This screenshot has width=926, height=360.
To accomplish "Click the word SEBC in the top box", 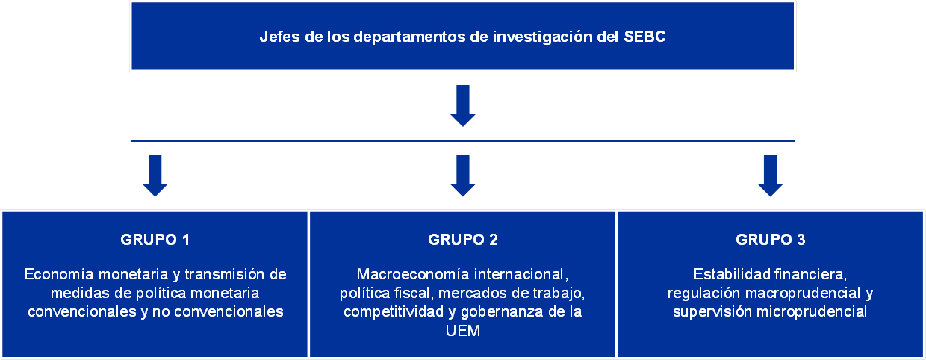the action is click(x=644, y=37).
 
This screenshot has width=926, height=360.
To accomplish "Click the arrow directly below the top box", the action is click(x=462, y=106).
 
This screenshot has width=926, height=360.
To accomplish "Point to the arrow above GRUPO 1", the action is click(x=155, y=176).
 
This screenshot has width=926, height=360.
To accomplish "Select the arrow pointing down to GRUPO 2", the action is click(x=462, y=176).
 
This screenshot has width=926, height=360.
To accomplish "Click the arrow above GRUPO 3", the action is click(x=770, y=176).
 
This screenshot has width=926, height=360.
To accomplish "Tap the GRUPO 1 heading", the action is click(x=155, y=240).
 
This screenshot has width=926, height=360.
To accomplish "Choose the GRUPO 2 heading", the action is click(x=462, y=240).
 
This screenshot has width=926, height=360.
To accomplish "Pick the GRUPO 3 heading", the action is click(x=771, y=240).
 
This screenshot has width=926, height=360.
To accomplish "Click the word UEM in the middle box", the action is click(x=462, y=331).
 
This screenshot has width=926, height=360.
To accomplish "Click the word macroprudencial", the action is click(x=802, y=294).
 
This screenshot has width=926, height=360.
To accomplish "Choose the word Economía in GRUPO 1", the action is click(x=59, y=274).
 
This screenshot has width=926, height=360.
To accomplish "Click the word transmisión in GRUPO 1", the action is click(x=226, y=274).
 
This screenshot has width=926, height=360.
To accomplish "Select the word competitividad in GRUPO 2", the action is click(x=394, y=312).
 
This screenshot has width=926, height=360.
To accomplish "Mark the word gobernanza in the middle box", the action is click(x=502, y=312).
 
